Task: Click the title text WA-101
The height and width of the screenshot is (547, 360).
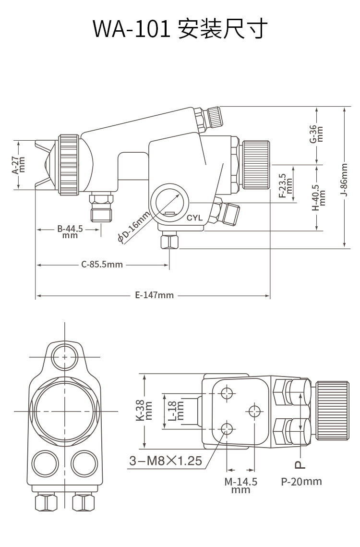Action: tap(132, 29)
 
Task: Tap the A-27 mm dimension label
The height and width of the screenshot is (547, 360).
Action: tap(19, 165)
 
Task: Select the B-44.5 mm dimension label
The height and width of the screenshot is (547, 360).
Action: tap(70, 231)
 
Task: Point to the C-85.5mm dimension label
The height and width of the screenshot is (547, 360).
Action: tap(102, 265)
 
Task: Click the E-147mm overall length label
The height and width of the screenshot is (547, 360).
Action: tap(155, 295)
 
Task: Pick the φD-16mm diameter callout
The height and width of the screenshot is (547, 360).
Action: tap(133, 227)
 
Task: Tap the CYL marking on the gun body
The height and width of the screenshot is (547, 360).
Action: tap(195, 218)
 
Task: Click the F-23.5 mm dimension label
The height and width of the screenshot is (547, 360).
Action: tap(285, 186)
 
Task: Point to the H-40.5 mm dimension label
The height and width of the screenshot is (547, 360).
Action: tap(319, 197)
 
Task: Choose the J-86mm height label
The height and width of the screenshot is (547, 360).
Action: tap(344, 180)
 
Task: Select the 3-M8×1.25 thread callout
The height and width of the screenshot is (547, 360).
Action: tap(166, 461)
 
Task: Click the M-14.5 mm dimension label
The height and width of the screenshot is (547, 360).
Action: tap(240, 485)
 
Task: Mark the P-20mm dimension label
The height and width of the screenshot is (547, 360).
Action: tap(301, 482)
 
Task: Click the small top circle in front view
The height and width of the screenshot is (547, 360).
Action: tap(64, 357)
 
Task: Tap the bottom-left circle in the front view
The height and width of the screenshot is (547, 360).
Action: tap(45, 464)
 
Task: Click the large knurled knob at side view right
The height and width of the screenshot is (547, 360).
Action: tap(256, 165)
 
